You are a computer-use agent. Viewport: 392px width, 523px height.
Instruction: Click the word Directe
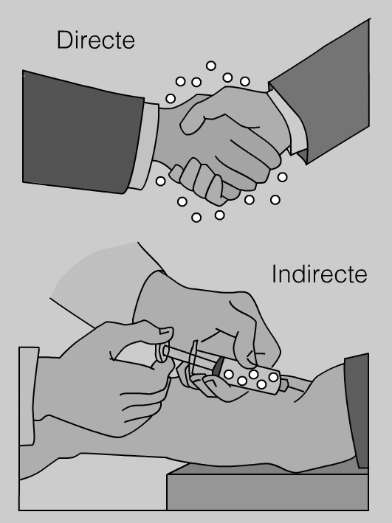[x=96, y=40]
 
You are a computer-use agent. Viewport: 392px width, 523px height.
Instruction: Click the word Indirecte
[x=320, y=274]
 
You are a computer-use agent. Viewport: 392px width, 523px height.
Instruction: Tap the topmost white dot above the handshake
[x=210, y=66]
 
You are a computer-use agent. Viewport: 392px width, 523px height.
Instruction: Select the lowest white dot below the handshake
[x=196, y=218]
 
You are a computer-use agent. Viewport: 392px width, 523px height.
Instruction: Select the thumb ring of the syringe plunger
[x=162, y=353]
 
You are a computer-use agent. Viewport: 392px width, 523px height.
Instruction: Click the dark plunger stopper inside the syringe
[x=219, y=366]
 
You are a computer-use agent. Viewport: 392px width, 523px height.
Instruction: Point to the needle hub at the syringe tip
[x=283, y=385]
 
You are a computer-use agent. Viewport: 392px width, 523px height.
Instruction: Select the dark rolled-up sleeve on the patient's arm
[x=357, y=410]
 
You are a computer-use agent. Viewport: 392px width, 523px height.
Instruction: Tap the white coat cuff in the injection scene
[x=28, y=396]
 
